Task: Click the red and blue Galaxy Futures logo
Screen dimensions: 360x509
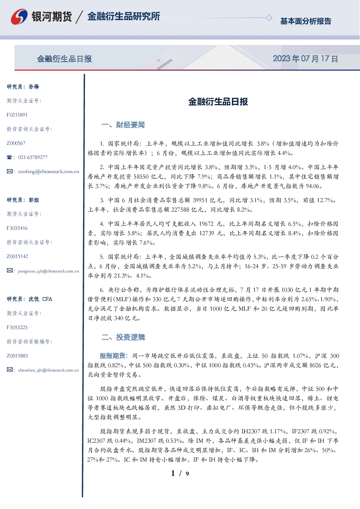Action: point(19,16)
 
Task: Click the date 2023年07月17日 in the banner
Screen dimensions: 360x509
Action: point(305,59)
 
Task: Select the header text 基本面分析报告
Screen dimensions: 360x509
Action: point(306,21)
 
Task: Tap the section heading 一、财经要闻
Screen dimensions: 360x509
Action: point(123,125)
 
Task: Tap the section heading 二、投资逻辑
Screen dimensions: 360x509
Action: point(123,337)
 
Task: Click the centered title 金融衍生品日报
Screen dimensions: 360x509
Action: point(218,102)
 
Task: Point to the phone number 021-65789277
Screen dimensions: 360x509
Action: point(33,157)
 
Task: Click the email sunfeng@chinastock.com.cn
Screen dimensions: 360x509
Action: point(49,172)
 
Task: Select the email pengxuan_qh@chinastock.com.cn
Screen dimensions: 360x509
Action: point(49,271)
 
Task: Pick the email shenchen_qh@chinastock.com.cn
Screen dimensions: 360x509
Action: point(48,370)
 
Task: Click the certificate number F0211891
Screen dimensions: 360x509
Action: point(17,115)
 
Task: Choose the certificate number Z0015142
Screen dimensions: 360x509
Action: point(17,256)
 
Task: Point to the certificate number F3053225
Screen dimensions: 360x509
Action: point(17,328)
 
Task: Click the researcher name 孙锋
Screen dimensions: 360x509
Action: point(34,87)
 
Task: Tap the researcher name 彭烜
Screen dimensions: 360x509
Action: point(34,200)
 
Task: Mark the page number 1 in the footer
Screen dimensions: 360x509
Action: point(173,473)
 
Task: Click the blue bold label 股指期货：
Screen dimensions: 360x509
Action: point(114,356)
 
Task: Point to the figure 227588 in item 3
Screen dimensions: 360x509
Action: point(180,209)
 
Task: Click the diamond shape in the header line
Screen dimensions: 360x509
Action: point(269,18)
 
